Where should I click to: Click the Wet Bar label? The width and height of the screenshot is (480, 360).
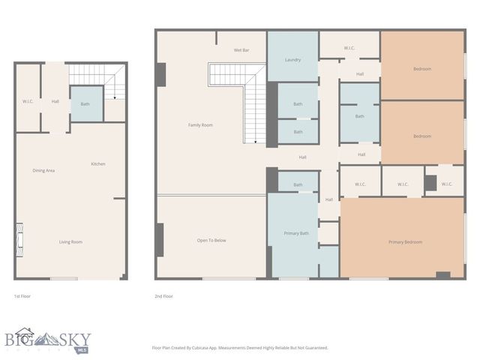point(241,49)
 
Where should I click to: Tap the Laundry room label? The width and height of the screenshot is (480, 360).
point(292,59)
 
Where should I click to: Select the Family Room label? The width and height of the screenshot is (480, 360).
point(200,124)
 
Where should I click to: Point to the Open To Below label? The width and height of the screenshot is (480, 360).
point(211,240)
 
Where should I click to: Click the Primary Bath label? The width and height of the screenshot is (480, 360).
point(297,233)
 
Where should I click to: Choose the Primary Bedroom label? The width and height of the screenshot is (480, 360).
point(405,241)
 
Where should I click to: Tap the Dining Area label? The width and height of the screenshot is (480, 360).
point(43,170)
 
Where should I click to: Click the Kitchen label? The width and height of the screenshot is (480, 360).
point(98,163)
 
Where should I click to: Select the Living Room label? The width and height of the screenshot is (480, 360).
point(71,241)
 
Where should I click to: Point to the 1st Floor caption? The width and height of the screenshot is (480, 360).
point(22,296)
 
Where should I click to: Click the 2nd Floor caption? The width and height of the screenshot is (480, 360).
point(163,296)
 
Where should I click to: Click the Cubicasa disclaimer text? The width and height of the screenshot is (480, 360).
point(240,348)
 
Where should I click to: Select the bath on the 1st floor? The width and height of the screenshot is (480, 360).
point(85,103)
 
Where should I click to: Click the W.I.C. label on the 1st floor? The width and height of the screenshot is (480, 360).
point(28,101)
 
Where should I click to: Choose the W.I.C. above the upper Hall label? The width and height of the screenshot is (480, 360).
point(349,49)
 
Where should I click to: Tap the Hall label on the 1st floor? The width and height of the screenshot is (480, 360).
point(55,101)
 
